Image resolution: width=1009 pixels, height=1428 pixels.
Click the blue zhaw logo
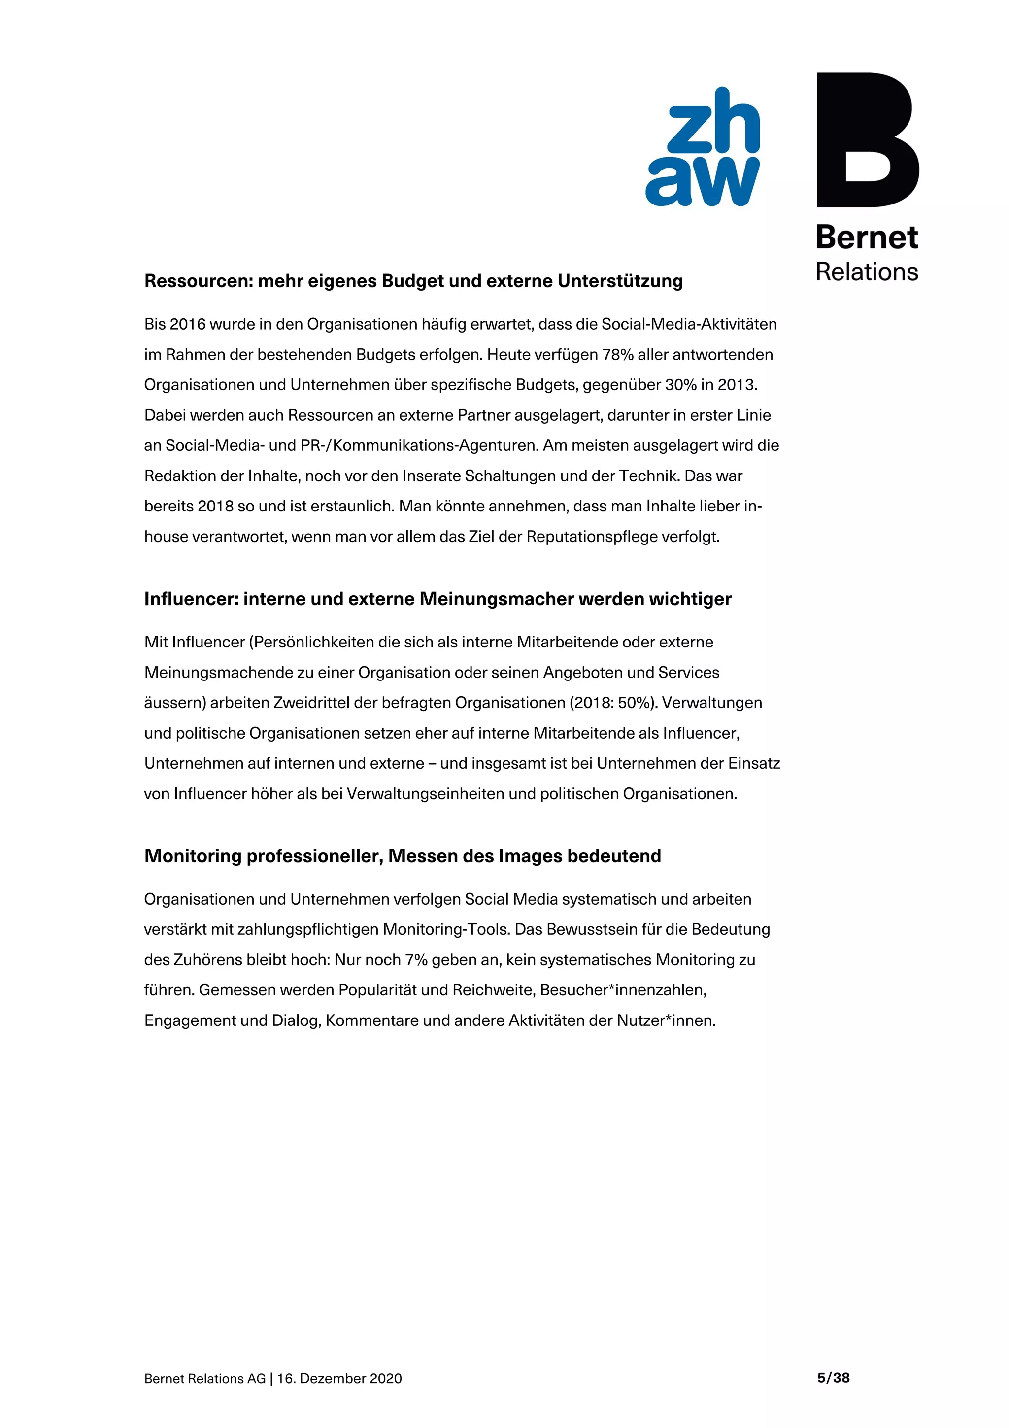click(703, 147)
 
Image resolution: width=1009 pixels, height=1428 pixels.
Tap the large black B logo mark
click(867, 140)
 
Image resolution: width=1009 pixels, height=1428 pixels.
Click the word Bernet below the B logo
click(867, 238)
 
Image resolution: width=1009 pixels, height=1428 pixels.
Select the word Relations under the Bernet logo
click(867, 272)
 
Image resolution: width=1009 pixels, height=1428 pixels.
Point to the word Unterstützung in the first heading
click(619, 281)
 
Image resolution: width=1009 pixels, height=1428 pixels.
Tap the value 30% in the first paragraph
click(680, 385)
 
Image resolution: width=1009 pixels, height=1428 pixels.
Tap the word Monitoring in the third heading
click(193, 856)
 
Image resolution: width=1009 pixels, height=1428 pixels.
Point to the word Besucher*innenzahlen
click(622, 990)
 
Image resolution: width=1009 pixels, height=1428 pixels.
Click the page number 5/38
click(833, 1378)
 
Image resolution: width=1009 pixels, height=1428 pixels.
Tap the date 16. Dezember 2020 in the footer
click(339, 1379)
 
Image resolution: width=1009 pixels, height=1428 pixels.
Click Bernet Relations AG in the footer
click(204, 1379)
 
